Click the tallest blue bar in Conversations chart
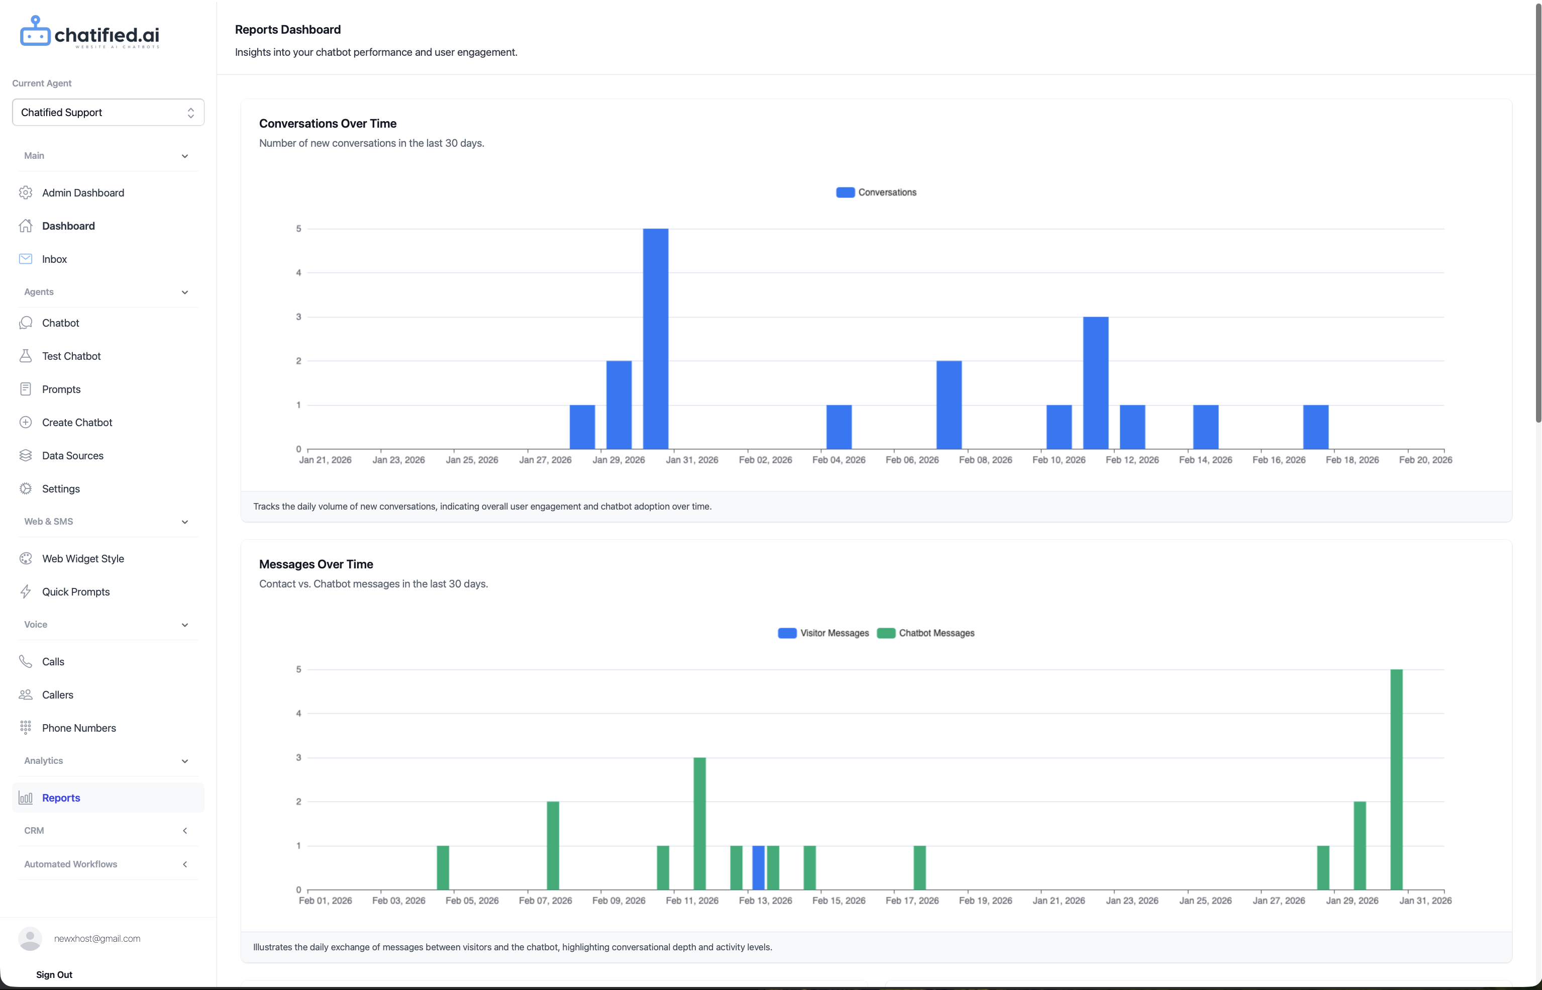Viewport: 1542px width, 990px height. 655,339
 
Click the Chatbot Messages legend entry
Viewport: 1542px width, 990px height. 926,633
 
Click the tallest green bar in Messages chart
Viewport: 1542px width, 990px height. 1396,779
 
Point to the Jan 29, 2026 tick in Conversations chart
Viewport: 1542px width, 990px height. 619,460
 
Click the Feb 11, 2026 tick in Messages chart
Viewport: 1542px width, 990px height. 692,901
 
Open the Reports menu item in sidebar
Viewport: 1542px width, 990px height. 61,798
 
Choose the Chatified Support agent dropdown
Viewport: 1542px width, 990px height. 108,113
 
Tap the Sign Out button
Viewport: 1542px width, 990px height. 54,974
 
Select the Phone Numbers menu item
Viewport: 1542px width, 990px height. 79,728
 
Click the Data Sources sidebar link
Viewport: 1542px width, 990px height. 73,456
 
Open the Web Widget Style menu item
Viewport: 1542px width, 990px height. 83,559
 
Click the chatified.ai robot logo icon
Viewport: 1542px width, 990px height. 35,32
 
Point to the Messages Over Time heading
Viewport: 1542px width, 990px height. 316,564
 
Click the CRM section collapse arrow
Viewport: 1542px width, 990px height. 184,831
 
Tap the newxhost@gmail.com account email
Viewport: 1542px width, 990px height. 97,939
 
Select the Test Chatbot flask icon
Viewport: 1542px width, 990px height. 26,356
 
